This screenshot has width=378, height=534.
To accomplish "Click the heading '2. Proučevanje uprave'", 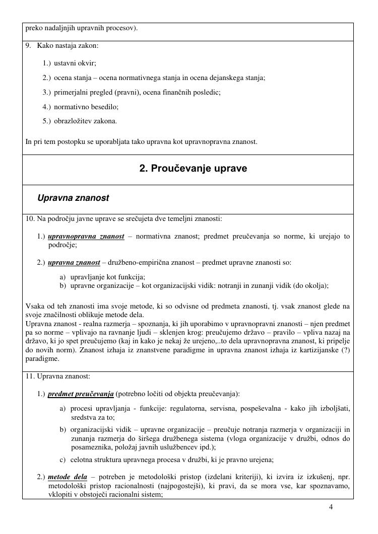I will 193,169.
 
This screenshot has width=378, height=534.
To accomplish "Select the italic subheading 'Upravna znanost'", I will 73,198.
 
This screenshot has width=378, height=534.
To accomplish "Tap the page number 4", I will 331,507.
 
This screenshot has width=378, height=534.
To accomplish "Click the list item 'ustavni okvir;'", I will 75,63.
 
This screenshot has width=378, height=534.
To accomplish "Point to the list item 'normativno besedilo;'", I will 86,107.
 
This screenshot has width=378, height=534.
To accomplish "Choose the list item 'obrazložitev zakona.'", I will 86,121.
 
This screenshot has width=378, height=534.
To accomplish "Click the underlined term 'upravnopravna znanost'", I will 86,237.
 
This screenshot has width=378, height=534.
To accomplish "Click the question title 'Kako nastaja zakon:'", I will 68,46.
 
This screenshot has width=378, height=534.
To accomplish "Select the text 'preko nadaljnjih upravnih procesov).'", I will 81,28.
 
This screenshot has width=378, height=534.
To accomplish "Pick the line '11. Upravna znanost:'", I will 57,376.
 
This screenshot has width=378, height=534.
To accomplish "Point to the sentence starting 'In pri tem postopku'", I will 141,142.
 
